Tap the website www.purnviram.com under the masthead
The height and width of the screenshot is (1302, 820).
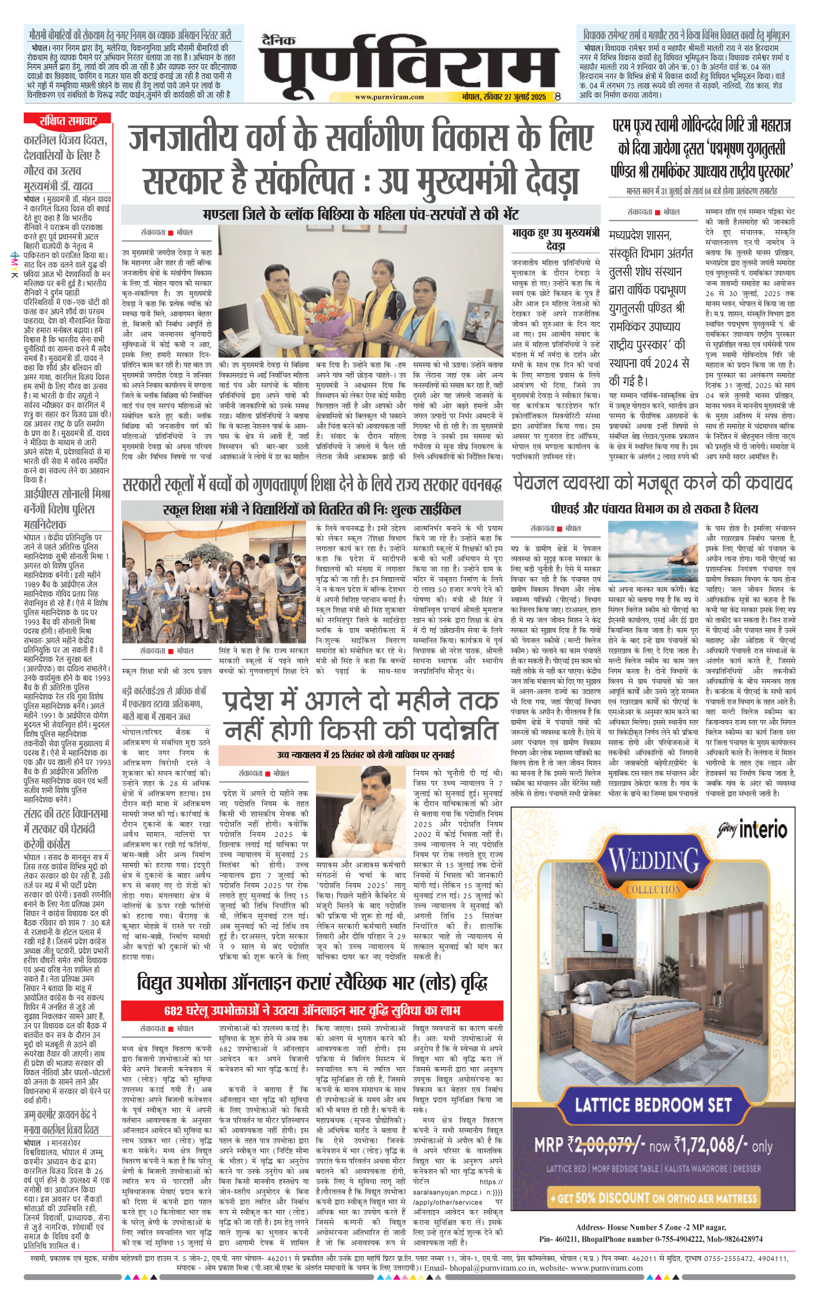(x=389, y=97)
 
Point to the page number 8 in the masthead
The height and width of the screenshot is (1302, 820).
(x=557, y=97)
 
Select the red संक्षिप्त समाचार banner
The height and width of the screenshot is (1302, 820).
(x=68, y=121)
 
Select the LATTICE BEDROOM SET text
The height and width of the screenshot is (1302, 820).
(x=653, y=1105)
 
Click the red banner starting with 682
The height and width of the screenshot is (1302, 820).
(x=312, y=1010)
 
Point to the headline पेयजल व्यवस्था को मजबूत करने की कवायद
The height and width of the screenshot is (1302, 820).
(x=653, y=483)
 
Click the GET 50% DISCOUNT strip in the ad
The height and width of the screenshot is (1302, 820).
(x=653, y=1197)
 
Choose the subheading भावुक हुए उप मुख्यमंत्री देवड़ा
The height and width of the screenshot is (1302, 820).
(x=555, y=238)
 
